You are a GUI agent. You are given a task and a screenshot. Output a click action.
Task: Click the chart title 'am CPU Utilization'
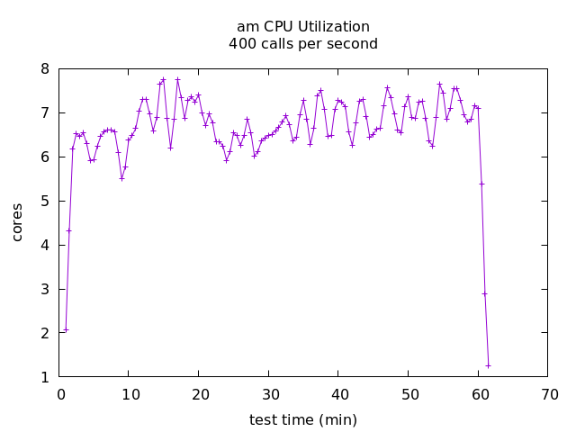(x=302, y=27)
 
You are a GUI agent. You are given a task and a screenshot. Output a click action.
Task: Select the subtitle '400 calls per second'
(x=302, y=43)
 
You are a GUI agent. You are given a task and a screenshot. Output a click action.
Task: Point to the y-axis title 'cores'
(x=17, y=221)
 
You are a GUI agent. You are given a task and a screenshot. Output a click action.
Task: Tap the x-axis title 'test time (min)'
(x=302, y=419)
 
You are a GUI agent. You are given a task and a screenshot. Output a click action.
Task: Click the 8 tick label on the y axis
(x=45, y=69)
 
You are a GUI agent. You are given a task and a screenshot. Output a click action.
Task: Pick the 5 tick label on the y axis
(x=45, y=201)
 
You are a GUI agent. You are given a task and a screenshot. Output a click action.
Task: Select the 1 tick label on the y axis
(x=45, y=377)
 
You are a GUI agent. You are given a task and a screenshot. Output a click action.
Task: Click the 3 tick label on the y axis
(x=45, y=289)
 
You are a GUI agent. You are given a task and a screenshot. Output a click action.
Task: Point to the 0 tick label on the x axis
(x=61, y=394)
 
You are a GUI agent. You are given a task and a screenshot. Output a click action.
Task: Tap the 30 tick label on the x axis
(x=270, y=394)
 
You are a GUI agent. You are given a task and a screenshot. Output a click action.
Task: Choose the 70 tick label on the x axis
(x=549, y=394)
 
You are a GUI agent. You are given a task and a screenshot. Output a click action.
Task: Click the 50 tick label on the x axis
(x=409, y=394)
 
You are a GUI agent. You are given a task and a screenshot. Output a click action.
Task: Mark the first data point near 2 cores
(x=66, y=329)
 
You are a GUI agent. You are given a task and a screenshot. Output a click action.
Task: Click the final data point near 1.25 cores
(x=488, y=365)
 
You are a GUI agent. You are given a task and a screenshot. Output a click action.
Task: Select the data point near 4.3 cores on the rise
(x=69, y=230)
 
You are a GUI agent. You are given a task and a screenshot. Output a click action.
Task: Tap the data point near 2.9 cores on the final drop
(x=484, y=293)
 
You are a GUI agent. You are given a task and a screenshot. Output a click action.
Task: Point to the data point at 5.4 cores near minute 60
(x=481, y=184)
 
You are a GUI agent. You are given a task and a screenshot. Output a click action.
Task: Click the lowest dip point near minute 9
(x=121, y=178)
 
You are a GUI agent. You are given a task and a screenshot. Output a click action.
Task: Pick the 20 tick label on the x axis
(x=200, y=394)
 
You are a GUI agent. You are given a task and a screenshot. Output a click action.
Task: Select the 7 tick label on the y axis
(x=45, y=113)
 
